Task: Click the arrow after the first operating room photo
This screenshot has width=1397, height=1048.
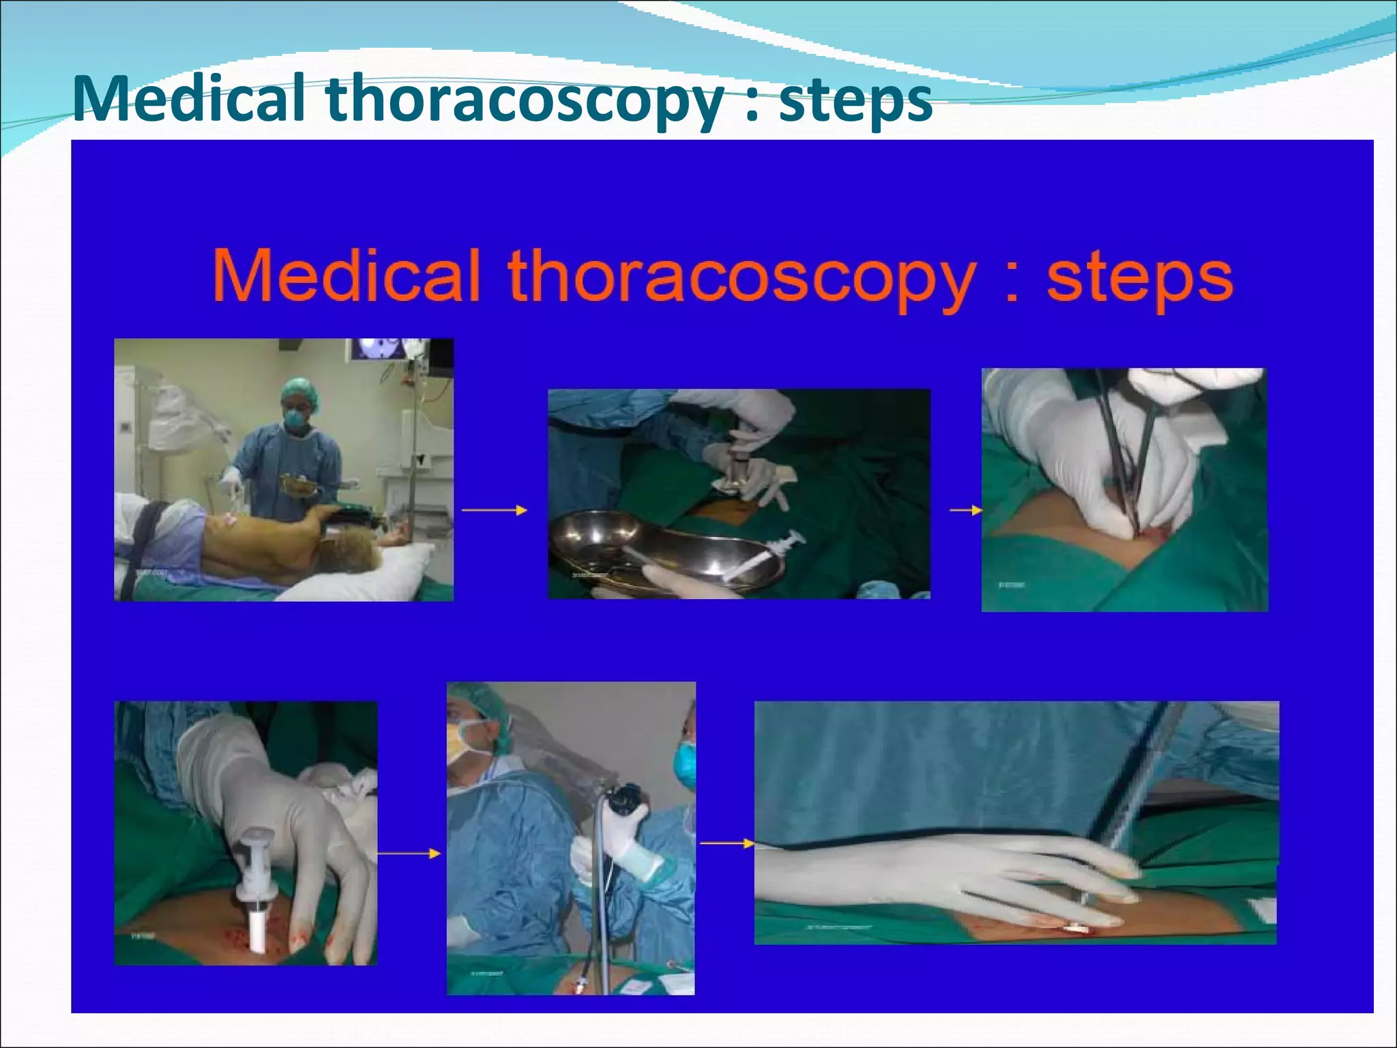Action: click(495, 510)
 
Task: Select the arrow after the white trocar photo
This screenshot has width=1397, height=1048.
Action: click(409, 854)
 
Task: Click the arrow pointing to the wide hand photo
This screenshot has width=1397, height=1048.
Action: click(726, 844)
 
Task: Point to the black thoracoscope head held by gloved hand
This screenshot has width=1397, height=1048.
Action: click(626, 798)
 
